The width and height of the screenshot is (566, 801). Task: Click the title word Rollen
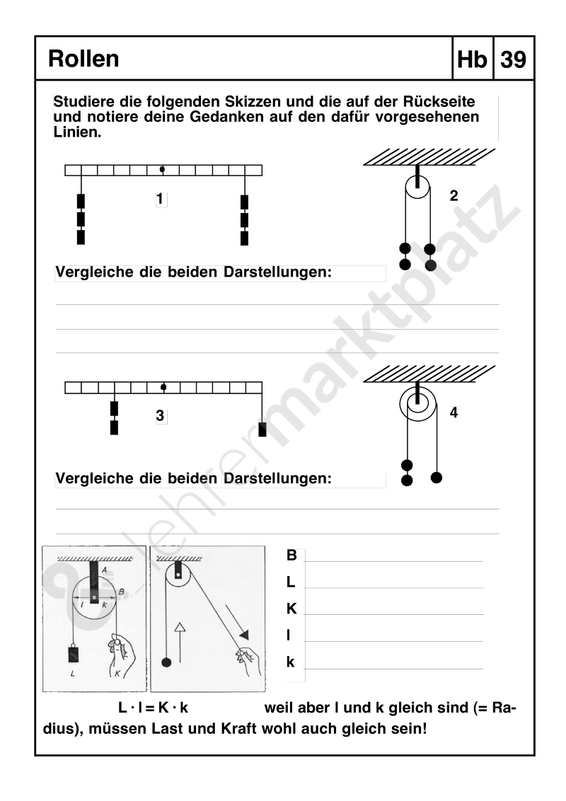coord(83,59)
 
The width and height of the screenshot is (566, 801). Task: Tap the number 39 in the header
coord(513,59)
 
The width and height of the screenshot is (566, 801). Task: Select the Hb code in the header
coord(473,59)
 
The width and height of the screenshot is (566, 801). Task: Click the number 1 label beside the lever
coord(161,200)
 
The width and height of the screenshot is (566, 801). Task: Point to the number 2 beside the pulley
coord(454,197)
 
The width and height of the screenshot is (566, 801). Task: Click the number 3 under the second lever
coord(161,416)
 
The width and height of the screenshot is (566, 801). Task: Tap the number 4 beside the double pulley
coord(454,411)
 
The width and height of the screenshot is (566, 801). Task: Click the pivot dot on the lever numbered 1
coord(163,170)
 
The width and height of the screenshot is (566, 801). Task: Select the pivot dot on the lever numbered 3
coord(163,387)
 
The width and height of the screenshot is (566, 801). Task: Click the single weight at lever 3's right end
coord(262,430)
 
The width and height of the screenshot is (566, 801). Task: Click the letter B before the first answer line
coord(291,556)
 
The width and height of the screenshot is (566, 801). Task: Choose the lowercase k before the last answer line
coord(290,662)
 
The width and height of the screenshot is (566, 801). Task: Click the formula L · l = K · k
coord(158,707)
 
